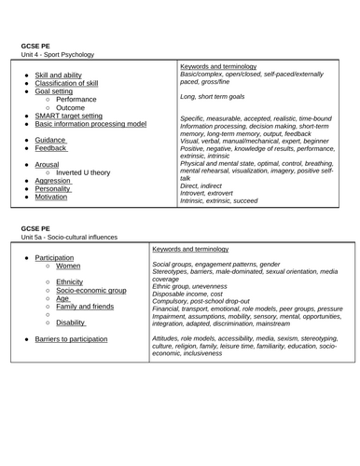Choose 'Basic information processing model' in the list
tap(90, 123)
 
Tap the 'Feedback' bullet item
tap(52, 147)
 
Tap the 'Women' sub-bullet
tap(68, 267)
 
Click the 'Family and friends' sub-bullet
tap(86, 307)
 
